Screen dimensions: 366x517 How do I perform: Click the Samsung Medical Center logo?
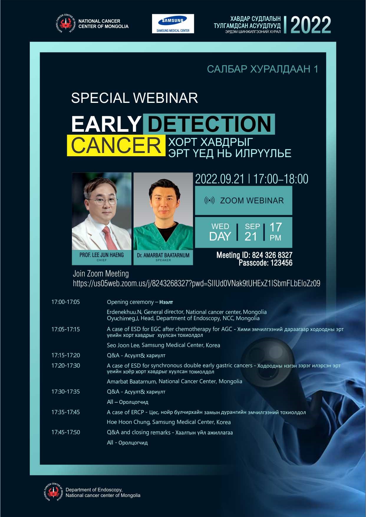point(173,24)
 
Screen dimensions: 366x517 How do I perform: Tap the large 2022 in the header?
point(311,25)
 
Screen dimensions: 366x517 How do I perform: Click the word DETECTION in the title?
point(209,124)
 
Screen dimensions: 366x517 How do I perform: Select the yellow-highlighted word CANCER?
point(116,145)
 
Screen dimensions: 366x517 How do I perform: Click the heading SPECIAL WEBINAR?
point(134,98)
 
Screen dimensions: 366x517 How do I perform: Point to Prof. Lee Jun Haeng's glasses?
point(102,202)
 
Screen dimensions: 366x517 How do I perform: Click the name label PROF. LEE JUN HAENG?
point(102,255)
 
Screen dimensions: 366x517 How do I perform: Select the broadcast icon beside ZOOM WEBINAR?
point(210,201)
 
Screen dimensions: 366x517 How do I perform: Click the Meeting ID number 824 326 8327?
point(272,255)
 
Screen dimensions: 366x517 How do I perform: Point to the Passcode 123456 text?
point(266,263)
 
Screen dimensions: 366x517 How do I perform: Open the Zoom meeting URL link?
point(197,284)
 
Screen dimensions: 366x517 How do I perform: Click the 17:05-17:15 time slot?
point(65,329)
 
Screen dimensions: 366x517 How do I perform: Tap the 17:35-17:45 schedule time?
point(65,412)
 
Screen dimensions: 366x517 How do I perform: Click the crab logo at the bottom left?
point(53,492)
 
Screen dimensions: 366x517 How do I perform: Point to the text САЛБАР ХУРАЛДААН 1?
point(263,69)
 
